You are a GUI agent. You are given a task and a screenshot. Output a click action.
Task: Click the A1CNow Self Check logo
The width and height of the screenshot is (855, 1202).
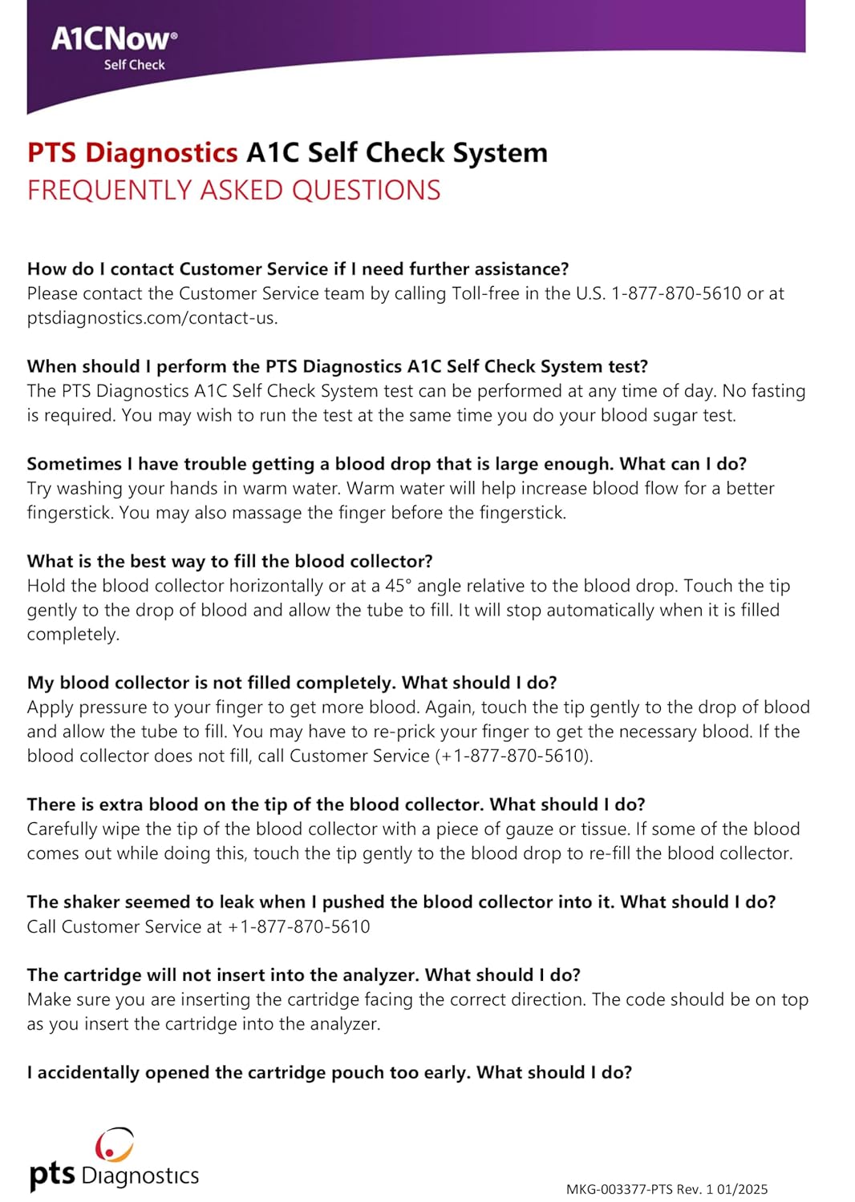(114, 47)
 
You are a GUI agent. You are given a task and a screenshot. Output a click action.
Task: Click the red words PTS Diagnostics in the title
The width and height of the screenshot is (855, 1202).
(132, 152)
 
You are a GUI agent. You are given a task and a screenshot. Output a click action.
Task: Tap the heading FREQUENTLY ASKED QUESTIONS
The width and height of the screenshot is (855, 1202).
(233, 191)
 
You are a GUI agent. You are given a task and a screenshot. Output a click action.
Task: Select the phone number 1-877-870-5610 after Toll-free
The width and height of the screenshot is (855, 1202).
(676, 293)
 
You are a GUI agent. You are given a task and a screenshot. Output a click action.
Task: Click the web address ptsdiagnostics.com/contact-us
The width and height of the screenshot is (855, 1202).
(152, 318)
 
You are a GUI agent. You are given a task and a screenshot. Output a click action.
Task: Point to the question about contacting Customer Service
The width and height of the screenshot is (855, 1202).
(298, 269)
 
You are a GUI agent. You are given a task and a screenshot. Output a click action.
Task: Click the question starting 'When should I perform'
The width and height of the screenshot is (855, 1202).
(337, 366)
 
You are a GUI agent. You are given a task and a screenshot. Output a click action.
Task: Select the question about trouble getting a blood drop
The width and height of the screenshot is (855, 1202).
(387, 464)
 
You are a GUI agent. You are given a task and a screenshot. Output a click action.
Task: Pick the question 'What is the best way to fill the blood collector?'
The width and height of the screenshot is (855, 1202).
(229, 561)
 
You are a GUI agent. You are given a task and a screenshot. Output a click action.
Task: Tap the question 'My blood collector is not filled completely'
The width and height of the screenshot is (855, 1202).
(292, 683)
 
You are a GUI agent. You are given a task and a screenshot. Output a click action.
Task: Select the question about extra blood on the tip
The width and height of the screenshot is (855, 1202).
(336, 805)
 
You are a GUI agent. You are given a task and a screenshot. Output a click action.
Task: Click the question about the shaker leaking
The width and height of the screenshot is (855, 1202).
(401, 901)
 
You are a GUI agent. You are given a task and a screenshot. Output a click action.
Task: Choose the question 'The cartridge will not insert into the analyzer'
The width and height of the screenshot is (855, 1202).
(303, 974)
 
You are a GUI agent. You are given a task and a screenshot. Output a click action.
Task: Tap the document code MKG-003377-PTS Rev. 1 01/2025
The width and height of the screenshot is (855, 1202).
(667, 1189)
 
